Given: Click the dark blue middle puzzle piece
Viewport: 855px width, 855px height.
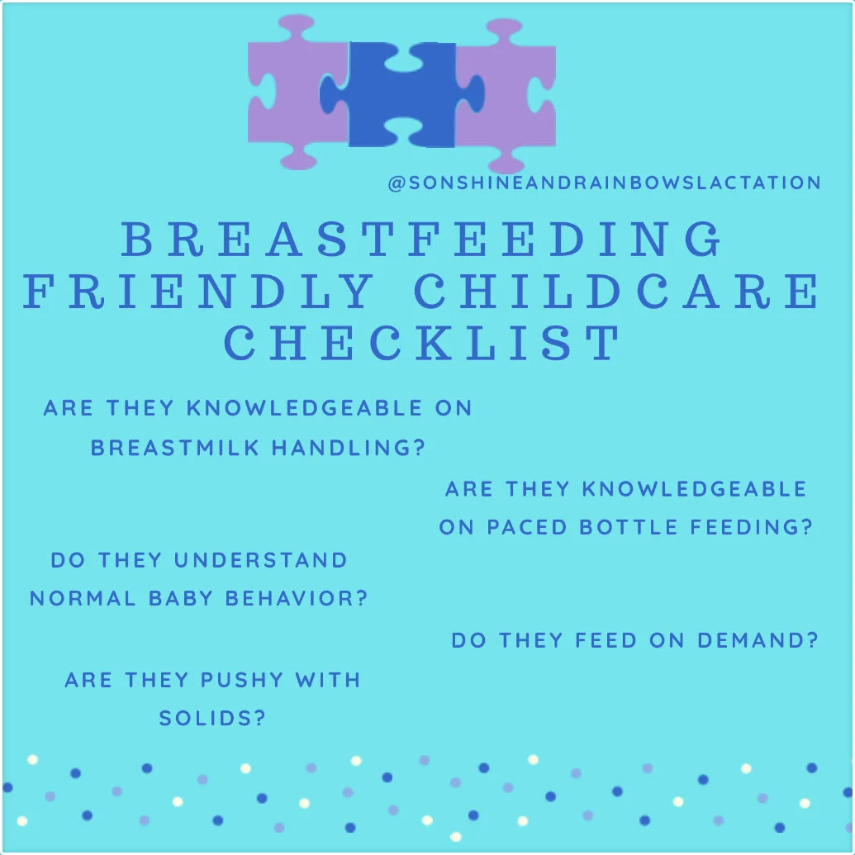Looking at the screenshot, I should [x=402, y=95].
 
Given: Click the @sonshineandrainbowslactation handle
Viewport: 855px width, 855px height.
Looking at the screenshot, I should [x=604, y=183].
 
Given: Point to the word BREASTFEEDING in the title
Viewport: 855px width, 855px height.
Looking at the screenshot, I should [x=422, y=240].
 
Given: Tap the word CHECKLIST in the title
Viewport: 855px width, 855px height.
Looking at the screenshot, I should [x=422, y=343].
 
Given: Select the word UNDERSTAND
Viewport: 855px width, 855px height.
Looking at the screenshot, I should [x=261, y=560].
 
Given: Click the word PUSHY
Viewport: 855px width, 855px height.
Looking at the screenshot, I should [x=240, y=681].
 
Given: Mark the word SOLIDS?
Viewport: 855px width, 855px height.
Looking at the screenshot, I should [x=212, y=719].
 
